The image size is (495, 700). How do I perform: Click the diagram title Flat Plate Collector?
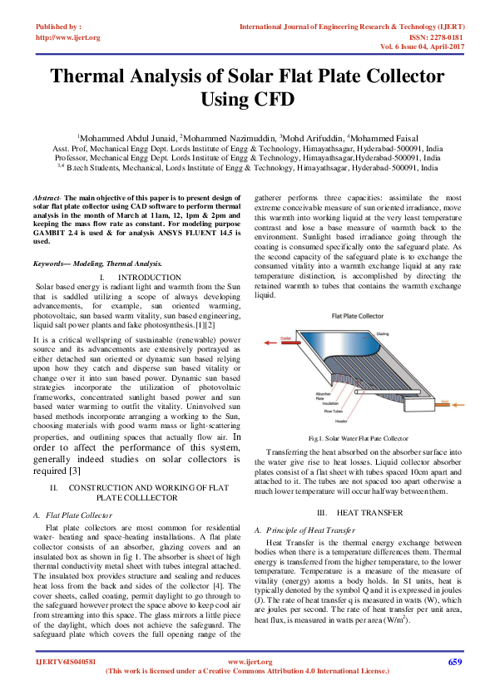[x=358, y=318]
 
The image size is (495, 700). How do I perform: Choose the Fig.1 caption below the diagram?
[x=358, y=437]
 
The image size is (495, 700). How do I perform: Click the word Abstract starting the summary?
[x=47, y=197]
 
